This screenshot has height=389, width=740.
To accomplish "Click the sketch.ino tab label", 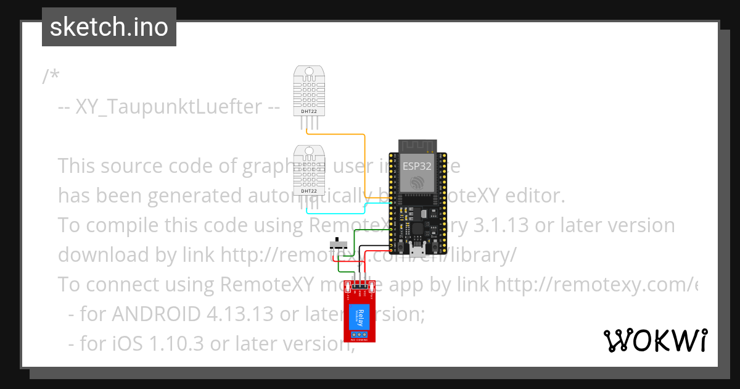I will pos(109,27).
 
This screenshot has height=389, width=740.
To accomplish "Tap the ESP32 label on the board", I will pos(417,166).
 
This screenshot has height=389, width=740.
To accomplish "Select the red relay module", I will pos(360,312).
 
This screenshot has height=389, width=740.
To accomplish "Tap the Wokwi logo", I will pos(655,340).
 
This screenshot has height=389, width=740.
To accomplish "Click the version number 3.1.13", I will pos(500,225).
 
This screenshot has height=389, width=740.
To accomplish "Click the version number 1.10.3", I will pos(178,344).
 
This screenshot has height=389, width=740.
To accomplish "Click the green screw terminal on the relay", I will pos(360,335).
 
